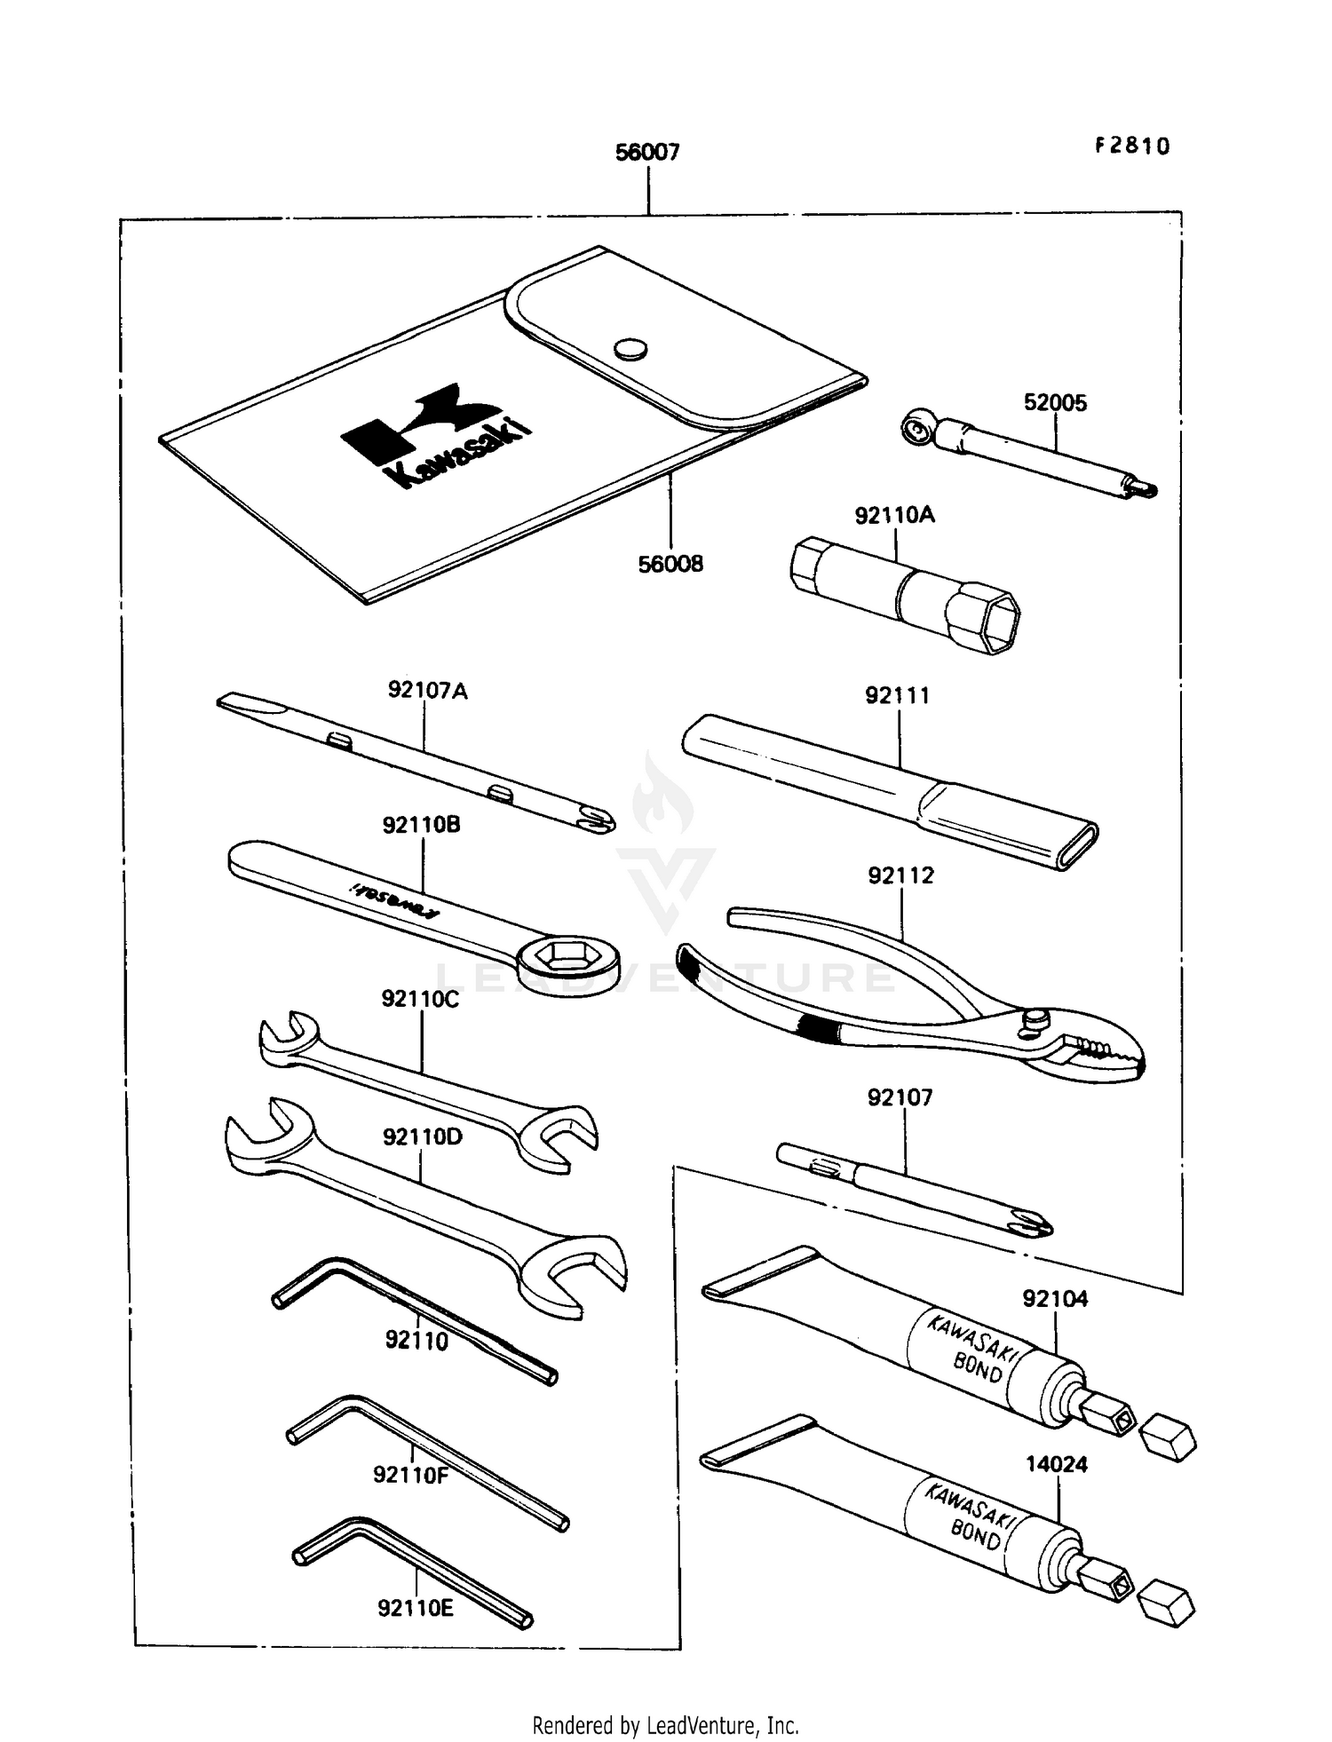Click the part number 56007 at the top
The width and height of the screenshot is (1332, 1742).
pyautogui.click(x=647, y=153)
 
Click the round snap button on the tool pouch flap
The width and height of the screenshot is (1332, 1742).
pyautogui.click(x=630, y=349)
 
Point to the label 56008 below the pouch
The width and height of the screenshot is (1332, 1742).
pyautogui.click(x=670, y=564)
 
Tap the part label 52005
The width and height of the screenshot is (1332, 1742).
pyautogui.click(x=1055, y=403)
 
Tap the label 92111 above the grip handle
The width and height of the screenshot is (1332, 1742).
pyautogui.click(x=898, y=696)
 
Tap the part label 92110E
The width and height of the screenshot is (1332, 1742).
pyautogui.click(x=416, y=1608)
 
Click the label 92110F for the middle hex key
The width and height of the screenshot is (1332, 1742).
pyautogui.click(x=411, y=1475)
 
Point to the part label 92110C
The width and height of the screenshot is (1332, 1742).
pyautogui.click(x=420, y=999)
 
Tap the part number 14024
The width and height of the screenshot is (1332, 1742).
pyautogui.click(x=1057, y=1464)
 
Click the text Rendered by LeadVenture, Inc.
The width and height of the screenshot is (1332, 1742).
pyautogui.click(x=665, y=1725)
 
